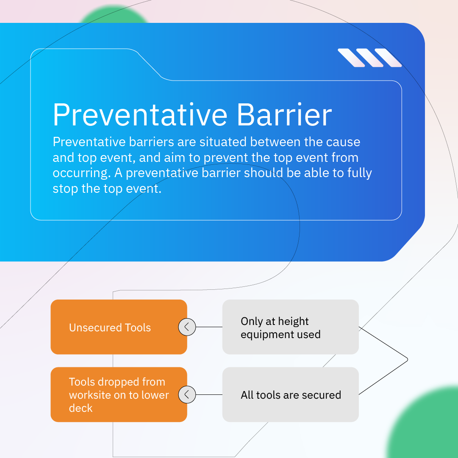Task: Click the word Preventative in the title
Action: [140, 114]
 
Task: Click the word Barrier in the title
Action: [284, 114]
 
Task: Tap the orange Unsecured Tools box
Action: [119, 327]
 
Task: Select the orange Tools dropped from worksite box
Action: [119, 394]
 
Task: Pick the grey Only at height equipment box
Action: [290, 327]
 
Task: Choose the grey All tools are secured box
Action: [290, 394]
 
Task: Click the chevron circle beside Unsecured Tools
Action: [187, 327]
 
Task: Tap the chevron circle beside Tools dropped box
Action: [187, 394]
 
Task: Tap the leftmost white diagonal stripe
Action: [351, 58]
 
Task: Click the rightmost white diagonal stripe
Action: [388, 58]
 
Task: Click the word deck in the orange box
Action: [80, 408]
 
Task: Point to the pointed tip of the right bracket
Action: [408, 360]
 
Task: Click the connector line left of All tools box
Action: [209, 394]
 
